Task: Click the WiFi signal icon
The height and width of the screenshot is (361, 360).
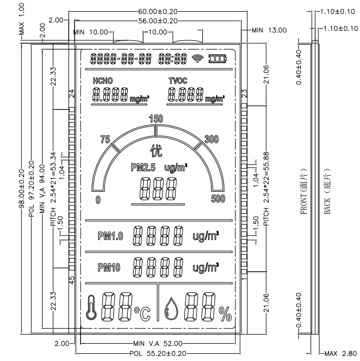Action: click(197, 59)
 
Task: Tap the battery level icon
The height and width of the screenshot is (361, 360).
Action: click(219, 59)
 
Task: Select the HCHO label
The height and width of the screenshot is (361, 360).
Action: click(103, 80)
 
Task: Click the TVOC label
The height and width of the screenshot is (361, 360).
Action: click(178, 80)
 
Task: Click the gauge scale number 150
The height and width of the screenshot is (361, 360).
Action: click(156, 119)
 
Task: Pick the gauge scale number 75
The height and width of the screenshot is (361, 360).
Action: click(105, 139)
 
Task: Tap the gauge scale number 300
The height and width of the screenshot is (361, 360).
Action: click(211, 139)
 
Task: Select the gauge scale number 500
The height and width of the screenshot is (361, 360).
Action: click(218, 199)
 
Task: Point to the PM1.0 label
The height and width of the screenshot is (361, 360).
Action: click(111, 236)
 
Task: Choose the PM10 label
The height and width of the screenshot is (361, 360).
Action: click(109, 267)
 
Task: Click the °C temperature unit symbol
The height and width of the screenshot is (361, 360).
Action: click(142, 313)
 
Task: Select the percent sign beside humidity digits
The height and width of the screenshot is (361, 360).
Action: click(225, 313)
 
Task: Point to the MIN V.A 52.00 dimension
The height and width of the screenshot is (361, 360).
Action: click(158, 343)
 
